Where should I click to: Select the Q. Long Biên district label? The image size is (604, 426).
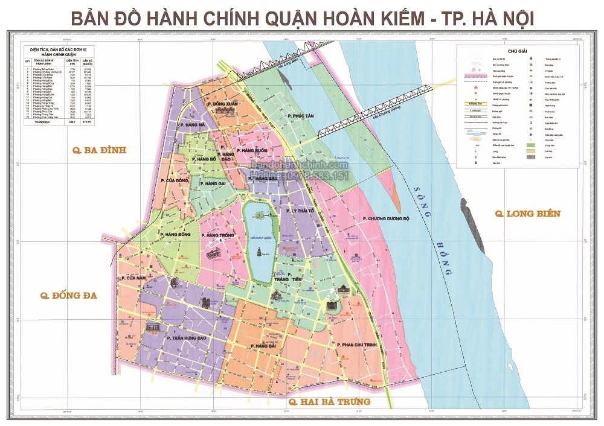[x=527, y=213]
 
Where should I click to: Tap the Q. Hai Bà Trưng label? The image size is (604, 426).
[x=329, y=401]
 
